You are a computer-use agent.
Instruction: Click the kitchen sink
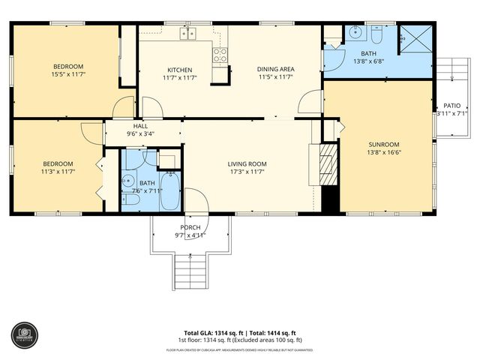tap(187, 33)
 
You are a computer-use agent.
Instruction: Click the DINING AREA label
tap(274, 68)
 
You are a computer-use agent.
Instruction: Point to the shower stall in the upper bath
tap(412, 35)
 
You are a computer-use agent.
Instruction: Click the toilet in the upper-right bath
tap(377, 33)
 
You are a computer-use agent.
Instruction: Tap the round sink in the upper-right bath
tap(355, 33)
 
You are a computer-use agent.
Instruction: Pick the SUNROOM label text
tap(383, 144)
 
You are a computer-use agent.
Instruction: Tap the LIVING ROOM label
tap(247, 163)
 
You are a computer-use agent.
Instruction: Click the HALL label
tap(140, 126)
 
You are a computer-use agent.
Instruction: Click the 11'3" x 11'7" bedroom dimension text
tap(58, 172)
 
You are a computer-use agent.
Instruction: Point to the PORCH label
tap(190, 227)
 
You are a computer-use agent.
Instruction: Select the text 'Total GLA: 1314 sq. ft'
tap(214, 332)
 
